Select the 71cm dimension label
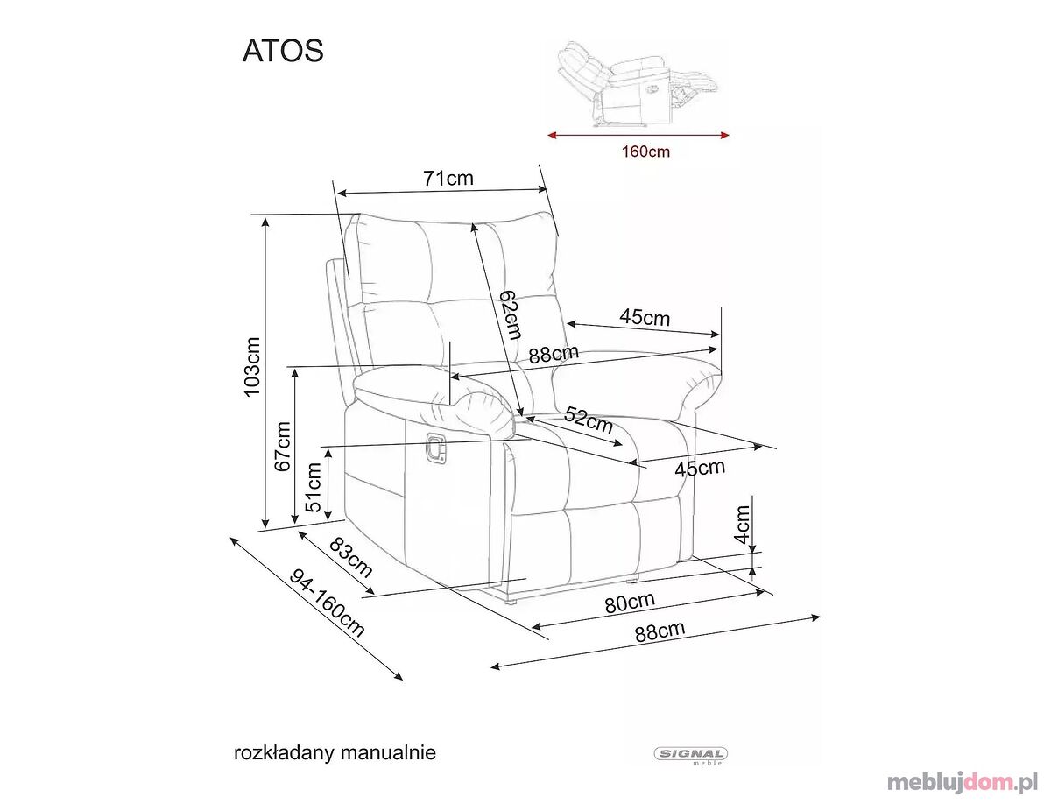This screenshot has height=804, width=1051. tap(448, 178)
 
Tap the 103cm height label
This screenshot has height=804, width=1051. tap(252, 367)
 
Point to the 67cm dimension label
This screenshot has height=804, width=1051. tap(283, 447)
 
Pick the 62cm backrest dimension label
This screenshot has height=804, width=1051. tap(509, 314)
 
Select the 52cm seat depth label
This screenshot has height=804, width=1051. tap(589, 420)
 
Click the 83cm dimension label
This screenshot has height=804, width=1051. tap(351, 557)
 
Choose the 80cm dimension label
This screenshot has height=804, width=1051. tap(630, 603)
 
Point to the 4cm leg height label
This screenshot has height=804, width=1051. tap(742, 524)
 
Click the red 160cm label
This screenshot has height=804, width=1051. tap(645, 152)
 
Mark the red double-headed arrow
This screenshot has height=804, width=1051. tap(638, 136)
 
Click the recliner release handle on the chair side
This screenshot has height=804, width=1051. tap(435, 448)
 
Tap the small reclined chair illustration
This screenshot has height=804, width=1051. tap(639, 84)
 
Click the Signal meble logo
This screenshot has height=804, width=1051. tap(690, 755)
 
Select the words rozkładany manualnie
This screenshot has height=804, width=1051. tap(335, 753)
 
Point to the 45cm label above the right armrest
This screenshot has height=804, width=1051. tap(645, 317)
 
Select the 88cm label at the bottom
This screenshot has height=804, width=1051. tap(660, 631)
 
